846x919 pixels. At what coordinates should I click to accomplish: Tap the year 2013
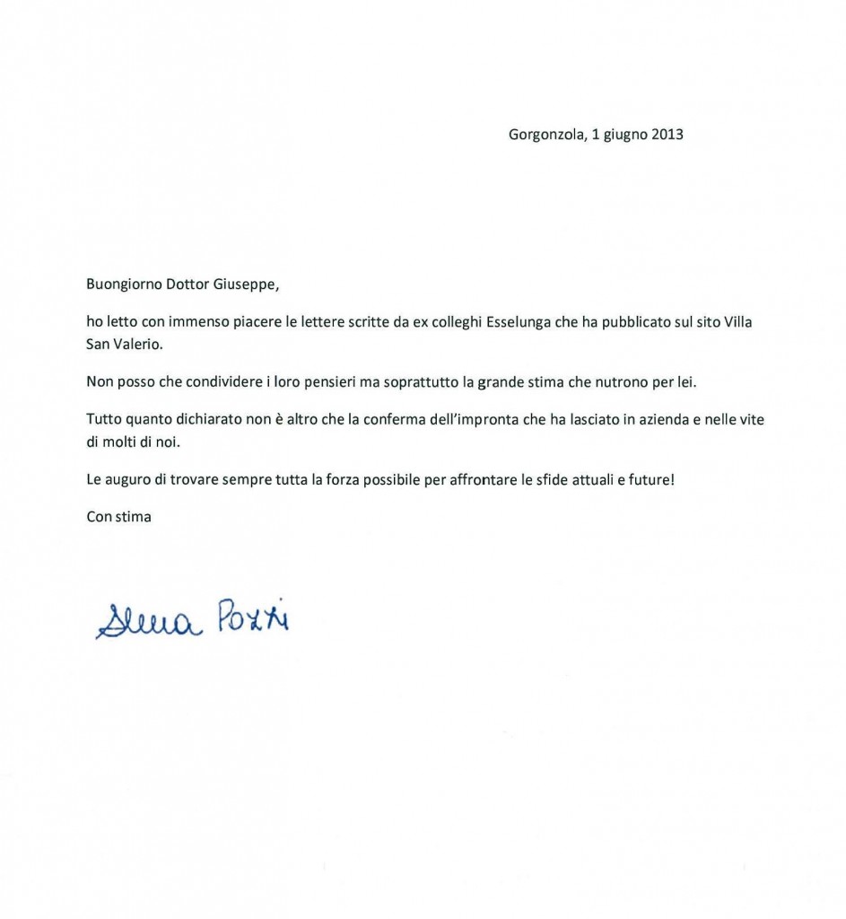[665, 136]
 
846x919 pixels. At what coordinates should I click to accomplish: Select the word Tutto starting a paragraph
[103, 418]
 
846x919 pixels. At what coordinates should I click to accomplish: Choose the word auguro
[127, 480]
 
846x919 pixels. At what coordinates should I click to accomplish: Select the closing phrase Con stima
[118, 516]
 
